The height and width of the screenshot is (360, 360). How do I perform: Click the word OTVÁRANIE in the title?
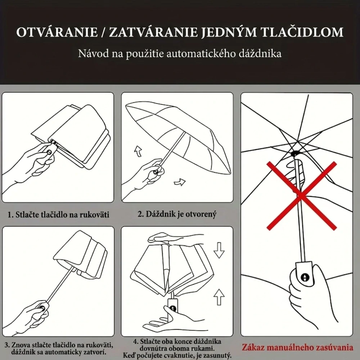point(56,32)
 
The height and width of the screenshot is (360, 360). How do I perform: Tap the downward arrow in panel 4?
point(219,250)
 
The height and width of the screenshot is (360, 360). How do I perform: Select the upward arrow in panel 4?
point(219,298)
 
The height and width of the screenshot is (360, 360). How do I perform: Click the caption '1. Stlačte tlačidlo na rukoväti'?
point(59,215)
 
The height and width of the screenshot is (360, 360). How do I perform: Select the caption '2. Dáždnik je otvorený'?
point(177,214)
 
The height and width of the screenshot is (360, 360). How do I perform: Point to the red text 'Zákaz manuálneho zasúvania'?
point(297,348)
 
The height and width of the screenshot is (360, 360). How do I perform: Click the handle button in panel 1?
point(49,152)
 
